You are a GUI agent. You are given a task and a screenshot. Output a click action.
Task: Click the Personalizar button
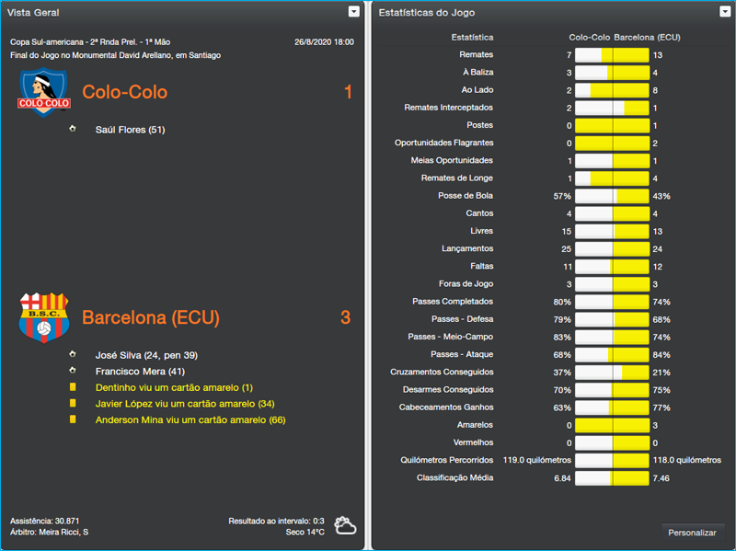692,533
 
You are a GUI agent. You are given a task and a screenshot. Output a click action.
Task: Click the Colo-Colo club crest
43,92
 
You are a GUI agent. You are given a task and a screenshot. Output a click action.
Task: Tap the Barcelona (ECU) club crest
44,317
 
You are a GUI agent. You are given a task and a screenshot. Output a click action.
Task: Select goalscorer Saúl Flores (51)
130,130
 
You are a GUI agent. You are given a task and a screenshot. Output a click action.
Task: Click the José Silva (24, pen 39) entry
146,355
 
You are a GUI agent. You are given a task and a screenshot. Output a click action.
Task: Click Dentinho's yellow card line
161,387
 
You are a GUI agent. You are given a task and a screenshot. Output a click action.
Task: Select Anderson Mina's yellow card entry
190,420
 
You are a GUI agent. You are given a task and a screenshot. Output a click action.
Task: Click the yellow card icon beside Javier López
73,404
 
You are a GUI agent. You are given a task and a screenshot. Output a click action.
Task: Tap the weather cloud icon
346,526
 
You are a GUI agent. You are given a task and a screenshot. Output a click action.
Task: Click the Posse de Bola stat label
466,196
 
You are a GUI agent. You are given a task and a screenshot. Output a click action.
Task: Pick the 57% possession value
562,196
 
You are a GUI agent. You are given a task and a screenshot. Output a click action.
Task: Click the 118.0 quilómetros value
686,460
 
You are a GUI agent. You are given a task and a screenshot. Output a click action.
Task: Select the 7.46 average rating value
661,478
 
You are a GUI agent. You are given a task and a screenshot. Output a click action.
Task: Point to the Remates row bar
612,55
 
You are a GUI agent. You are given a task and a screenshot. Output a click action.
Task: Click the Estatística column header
472,38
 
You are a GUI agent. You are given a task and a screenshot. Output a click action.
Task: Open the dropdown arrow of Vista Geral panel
354,12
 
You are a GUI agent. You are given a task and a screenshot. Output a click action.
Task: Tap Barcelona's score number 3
345,317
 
